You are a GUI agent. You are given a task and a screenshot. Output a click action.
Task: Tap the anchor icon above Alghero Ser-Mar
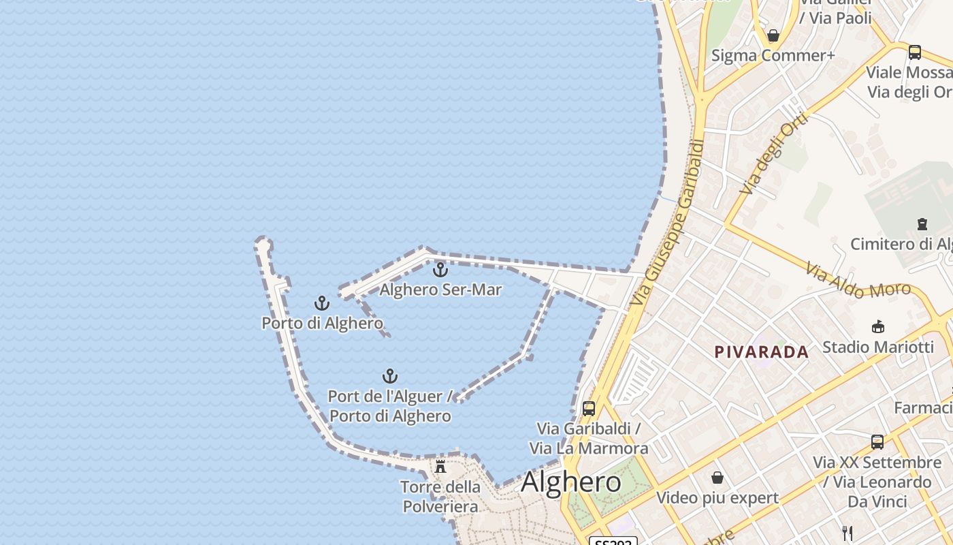pos(440,270)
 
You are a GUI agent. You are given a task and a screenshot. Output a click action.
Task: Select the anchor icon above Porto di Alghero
pos(321,303)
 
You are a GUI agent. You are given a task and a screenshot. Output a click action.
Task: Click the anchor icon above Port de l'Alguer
pos(389,376)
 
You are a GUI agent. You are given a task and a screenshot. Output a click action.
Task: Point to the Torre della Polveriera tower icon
pos(440,467)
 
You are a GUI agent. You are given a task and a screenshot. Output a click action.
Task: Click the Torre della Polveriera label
pos(440,497)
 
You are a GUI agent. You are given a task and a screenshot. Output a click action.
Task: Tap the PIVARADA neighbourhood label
pos(761,352)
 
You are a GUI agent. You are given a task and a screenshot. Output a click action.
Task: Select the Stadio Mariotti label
pos(877,347)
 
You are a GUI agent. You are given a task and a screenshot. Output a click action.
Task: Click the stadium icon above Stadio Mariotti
pos(878,326)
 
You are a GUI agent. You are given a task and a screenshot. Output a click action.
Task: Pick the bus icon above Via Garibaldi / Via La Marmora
pos(589,409)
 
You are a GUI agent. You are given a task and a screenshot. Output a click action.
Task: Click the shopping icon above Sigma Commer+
pos(773,35)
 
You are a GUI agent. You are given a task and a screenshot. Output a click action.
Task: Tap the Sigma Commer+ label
pos(773,55)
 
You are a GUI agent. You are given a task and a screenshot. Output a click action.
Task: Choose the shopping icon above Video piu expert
pos(717,478)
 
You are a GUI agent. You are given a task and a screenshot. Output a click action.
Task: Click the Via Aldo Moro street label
pos(858,281)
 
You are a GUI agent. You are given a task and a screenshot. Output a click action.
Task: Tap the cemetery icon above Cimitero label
pos(922,223)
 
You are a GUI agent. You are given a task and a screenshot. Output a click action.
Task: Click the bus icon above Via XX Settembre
pos(877,441)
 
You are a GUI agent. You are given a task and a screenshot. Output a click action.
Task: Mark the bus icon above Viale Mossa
pos(915,52)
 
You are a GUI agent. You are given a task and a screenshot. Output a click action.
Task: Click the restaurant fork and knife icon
pos(847,533)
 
